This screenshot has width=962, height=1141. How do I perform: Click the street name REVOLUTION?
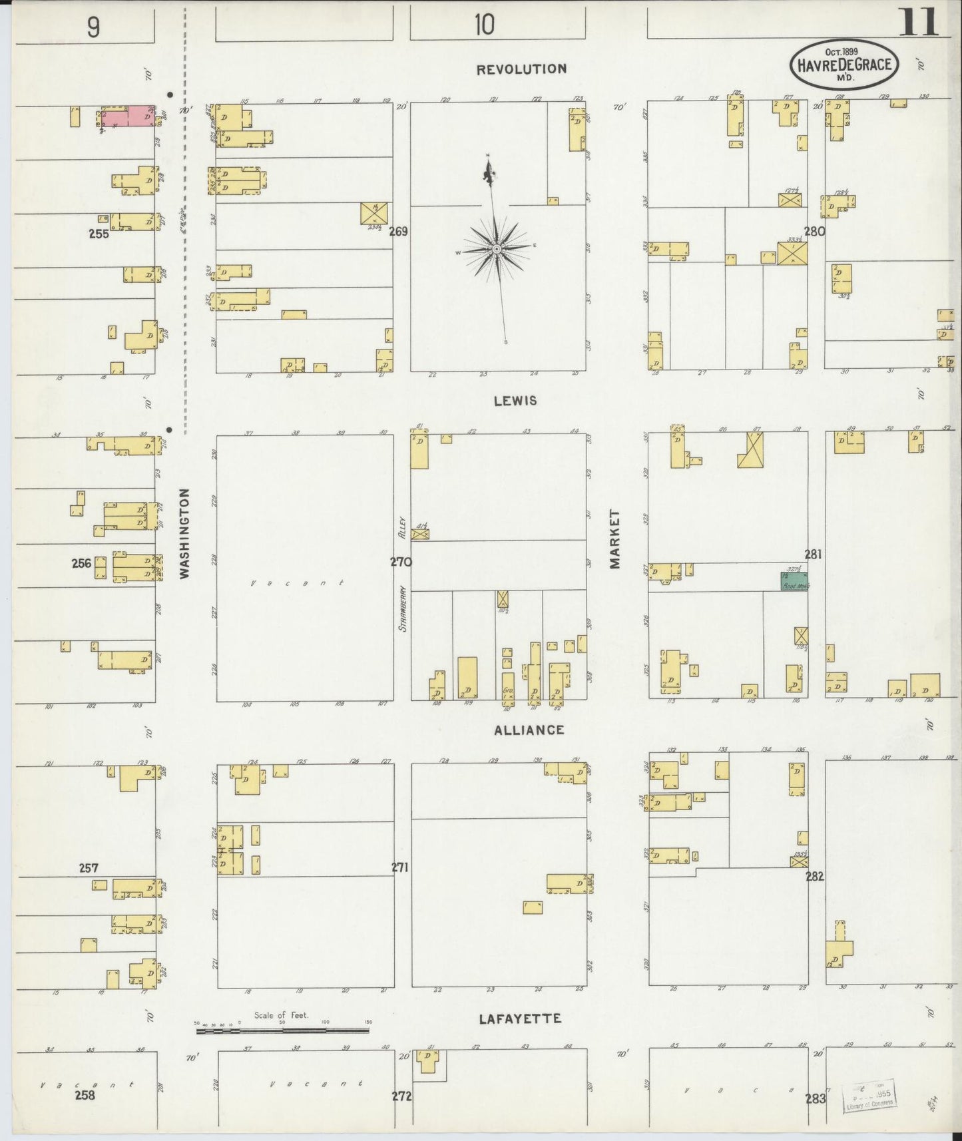pos(521,69)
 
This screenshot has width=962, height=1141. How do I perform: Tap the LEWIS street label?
pos(515,401)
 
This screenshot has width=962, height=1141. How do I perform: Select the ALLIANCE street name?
pos(529,730)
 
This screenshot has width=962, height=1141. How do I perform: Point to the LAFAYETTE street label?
pos(520,1019)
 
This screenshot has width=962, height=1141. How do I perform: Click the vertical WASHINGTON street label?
pos(184,533)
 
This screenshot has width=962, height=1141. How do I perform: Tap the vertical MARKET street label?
pos(614,539)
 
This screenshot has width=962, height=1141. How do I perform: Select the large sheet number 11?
pos(919,23)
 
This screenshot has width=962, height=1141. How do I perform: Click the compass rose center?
pos(496,248)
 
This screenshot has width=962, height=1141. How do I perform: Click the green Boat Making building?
pos(794,580)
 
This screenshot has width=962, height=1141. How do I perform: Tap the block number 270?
pos(401,562)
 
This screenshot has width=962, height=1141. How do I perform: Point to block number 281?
pos(813,554)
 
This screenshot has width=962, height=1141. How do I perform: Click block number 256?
pos(81,563)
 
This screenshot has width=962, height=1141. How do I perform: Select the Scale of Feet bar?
pos(282,1030)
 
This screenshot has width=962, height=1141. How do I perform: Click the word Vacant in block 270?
pos(298,583)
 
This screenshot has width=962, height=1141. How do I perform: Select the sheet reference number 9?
pos(93,27)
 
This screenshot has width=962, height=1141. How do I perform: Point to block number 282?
pos(815,876)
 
